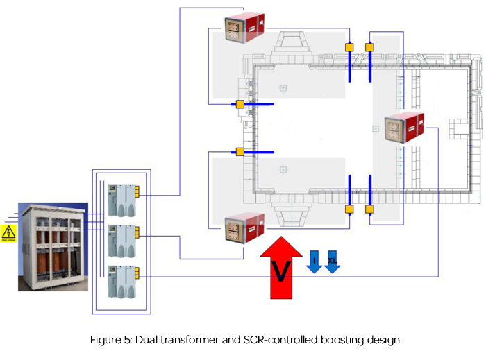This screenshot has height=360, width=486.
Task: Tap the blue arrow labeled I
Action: pyautogui.click(x=314, y=261)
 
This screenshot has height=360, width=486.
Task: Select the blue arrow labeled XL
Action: pyautogui.click(x=333, y=261)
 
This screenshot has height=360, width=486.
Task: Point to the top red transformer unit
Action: pyautogui.click(x=244, y=30)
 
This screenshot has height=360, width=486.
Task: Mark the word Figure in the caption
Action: pyautogui.click(x=106, y=340)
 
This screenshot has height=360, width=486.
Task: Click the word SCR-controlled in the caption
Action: pyautogui.click(x=271, y=340)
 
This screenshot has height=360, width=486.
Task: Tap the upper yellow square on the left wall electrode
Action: pyautogui.click(x=240, y=105)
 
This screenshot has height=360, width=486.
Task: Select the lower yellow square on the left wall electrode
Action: pyautogui.click(x=240, y=152)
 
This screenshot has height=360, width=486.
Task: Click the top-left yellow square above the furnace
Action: pyautogui.click(x=349, y=47)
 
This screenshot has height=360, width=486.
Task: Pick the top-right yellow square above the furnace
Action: pyautogui.click(x=369, y=47)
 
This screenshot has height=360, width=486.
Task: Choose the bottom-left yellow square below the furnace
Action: pyautogui.click(x=349, y=209)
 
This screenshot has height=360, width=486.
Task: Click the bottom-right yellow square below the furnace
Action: pyautogui.click(x=369, y=209)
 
